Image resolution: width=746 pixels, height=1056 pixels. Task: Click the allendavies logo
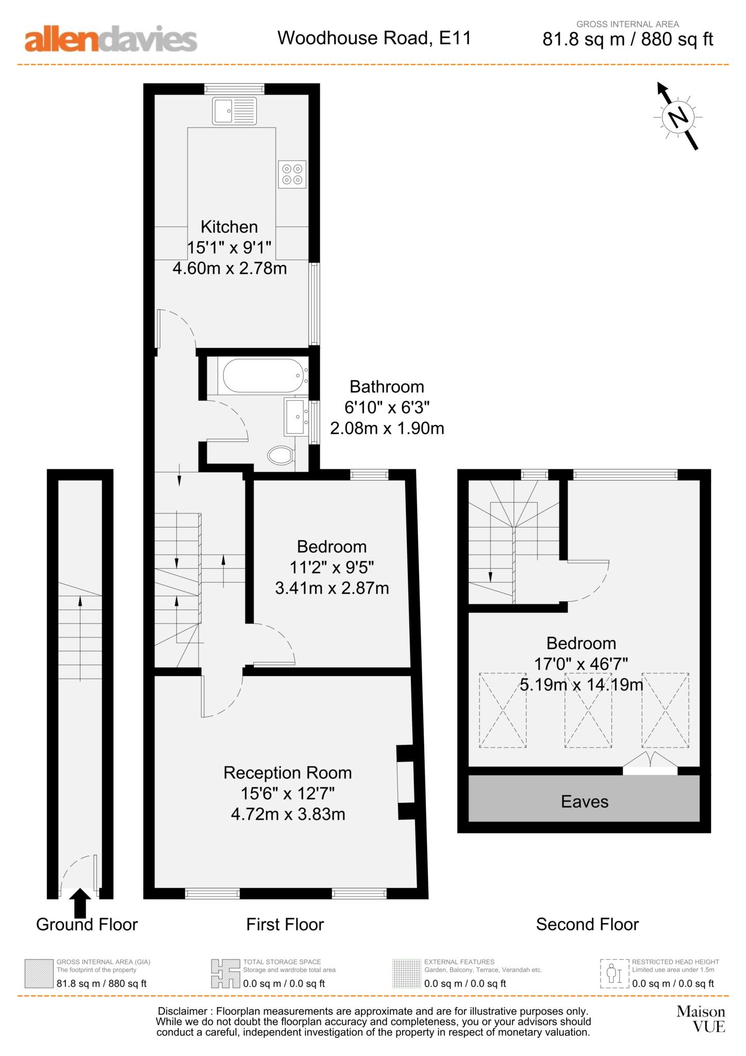(111, 39)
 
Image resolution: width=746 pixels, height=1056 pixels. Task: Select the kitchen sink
(235, 110)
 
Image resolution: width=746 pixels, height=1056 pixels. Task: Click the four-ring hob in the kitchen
(292, 174)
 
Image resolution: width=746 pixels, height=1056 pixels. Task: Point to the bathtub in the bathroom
(262, 375)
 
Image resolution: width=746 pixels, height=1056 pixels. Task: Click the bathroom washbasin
(295, 416)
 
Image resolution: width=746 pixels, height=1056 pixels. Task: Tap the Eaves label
(585, 801)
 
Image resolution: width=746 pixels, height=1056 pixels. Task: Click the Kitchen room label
(229, 226)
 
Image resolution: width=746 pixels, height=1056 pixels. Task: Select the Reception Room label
(288, 772)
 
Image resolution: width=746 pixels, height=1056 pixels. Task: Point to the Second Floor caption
(587, 925)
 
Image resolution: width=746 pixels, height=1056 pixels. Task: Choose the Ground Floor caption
(87, 925)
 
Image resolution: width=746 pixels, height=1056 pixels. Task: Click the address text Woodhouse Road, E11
(374, 38)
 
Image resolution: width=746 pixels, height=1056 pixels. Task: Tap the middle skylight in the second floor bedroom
(588, 710)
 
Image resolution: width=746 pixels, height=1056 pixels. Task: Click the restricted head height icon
(615, 973)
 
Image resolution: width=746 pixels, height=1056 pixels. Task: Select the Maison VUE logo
(701, 1019)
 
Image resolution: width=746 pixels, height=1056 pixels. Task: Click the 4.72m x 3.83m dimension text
(288, 814)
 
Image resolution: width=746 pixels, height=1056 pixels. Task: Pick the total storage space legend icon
(225, 973)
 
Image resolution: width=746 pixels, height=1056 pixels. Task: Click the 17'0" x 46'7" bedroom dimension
(581, 664)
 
